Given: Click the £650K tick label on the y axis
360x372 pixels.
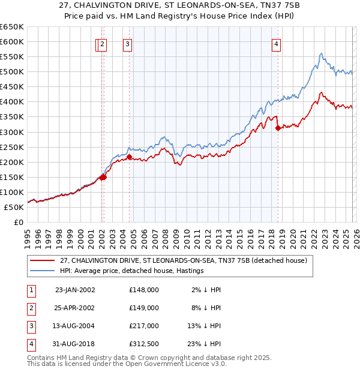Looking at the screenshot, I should tap(12, 27).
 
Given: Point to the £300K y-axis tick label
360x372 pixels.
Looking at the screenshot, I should tap(12, 132).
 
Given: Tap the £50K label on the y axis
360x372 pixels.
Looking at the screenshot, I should tap(14, 207).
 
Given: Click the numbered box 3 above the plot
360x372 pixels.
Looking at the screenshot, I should tap(128, 43).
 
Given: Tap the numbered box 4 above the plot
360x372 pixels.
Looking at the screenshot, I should tap(277, 43).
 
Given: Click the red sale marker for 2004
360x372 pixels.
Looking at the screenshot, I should tap(129, 157).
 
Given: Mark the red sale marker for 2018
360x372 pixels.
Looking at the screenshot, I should tap(278, 128).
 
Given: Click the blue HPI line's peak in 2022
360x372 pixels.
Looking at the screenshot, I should tap(321, 53).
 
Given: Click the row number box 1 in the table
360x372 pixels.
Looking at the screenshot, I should tap(31, 289).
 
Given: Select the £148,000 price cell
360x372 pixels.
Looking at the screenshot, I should tap(144, 289).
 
